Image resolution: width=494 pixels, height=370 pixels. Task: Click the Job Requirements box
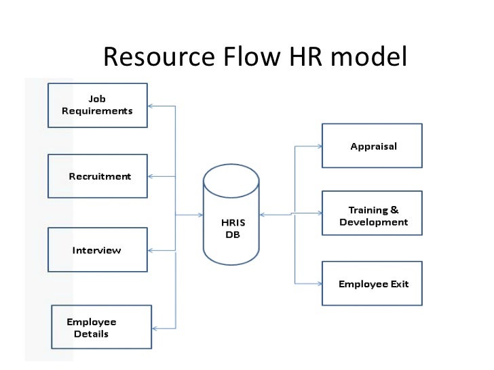(x=97, y=105)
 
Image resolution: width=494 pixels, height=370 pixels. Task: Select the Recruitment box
(x=97, y=176)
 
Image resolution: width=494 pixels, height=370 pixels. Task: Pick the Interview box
(x=97, y=250)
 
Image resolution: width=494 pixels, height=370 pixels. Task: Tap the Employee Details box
(x=101, y=327)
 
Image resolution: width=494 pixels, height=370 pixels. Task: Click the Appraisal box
(x=372, y=146)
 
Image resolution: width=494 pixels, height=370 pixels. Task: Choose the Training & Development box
(x=372, y=215)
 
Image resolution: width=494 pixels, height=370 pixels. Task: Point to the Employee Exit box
(x=372, y=284)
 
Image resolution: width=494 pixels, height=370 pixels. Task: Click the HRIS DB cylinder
(x=231, y=215)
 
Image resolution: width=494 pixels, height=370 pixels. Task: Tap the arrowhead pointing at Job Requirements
(x=151, y=106)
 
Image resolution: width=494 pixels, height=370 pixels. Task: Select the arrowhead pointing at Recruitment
(x=151, y=176)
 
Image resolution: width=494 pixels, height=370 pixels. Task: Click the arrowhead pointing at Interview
(x=151, y=250)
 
